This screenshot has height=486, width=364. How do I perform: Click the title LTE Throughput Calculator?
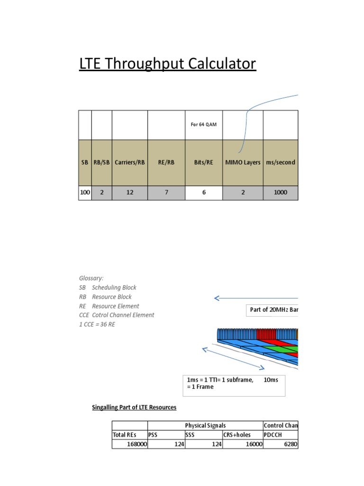click(167, 64)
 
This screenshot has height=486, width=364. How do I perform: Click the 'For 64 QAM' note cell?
click(203, 125)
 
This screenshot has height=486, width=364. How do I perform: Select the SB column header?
click(85, 162)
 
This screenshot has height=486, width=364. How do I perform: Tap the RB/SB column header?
click(101, 162)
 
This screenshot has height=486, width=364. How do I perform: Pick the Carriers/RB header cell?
click(130, 162)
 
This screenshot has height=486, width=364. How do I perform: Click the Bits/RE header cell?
click(203, 162)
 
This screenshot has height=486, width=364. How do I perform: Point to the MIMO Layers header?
click(243, 162)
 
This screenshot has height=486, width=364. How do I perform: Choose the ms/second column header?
click(281, 162)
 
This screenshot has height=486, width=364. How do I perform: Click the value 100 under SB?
click(85, 193)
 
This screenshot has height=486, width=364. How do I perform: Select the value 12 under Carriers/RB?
click(130, 193)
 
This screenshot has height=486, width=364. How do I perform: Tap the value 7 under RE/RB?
click(166, 193)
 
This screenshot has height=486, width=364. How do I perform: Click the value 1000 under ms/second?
click(281, 193)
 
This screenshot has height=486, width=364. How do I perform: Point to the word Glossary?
click(91, 278)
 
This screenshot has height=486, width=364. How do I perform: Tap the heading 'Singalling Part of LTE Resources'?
click(134, 407)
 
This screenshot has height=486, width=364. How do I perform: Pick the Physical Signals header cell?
click(205, 425)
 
